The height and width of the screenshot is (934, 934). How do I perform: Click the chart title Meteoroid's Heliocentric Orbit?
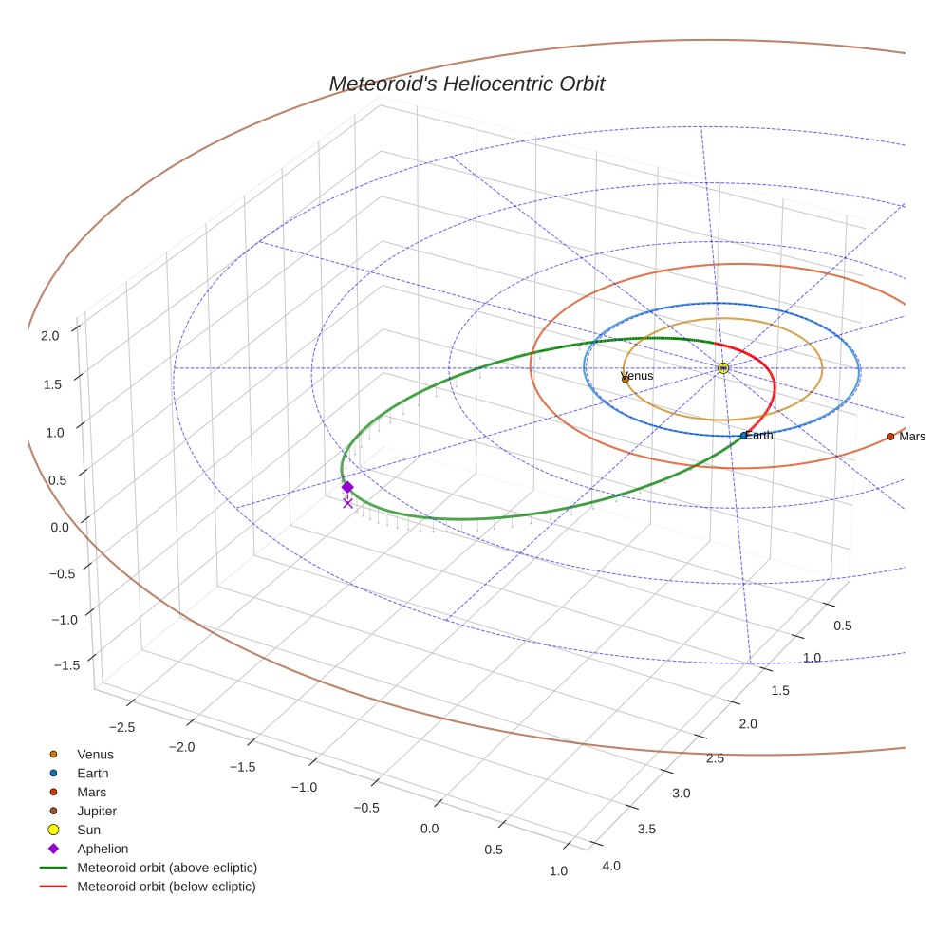[x=466, y=84]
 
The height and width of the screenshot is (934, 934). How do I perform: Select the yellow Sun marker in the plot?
[x=723, y=367]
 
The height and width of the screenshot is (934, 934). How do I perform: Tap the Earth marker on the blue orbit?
[x=743, y=436]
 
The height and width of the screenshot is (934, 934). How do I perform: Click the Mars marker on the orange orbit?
[x=890, y=437]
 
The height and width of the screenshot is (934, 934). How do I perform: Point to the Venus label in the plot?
[x=637, y=376]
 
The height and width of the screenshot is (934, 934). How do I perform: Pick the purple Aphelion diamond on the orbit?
[x=347, y=487]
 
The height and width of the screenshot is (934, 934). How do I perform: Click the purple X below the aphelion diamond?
[x=347, y=503]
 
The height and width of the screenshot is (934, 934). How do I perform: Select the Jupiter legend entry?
[x=96, y=811]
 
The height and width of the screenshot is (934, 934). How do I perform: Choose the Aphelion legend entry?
[x=102, y=849]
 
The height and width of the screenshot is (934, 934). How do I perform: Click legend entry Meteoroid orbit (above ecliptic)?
[x=167, y=868]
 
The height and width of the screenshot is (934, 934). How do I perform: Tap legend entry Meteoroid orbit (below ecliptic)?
[x=166, y=887]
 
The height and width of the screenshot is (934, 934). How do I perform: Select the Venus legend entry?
[x=95, y=754]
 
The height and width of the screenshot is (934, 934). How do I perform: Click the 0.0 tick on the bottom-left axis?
[x=429, y=829]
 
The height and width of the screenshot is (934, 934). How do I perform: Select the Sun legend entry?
[x=89, y=830]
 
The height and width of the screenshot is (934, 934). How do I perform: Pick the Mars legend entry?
[x=91, y=792]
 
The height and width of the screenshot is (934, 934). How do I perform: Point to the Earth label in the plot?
[x=759, y=435]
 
